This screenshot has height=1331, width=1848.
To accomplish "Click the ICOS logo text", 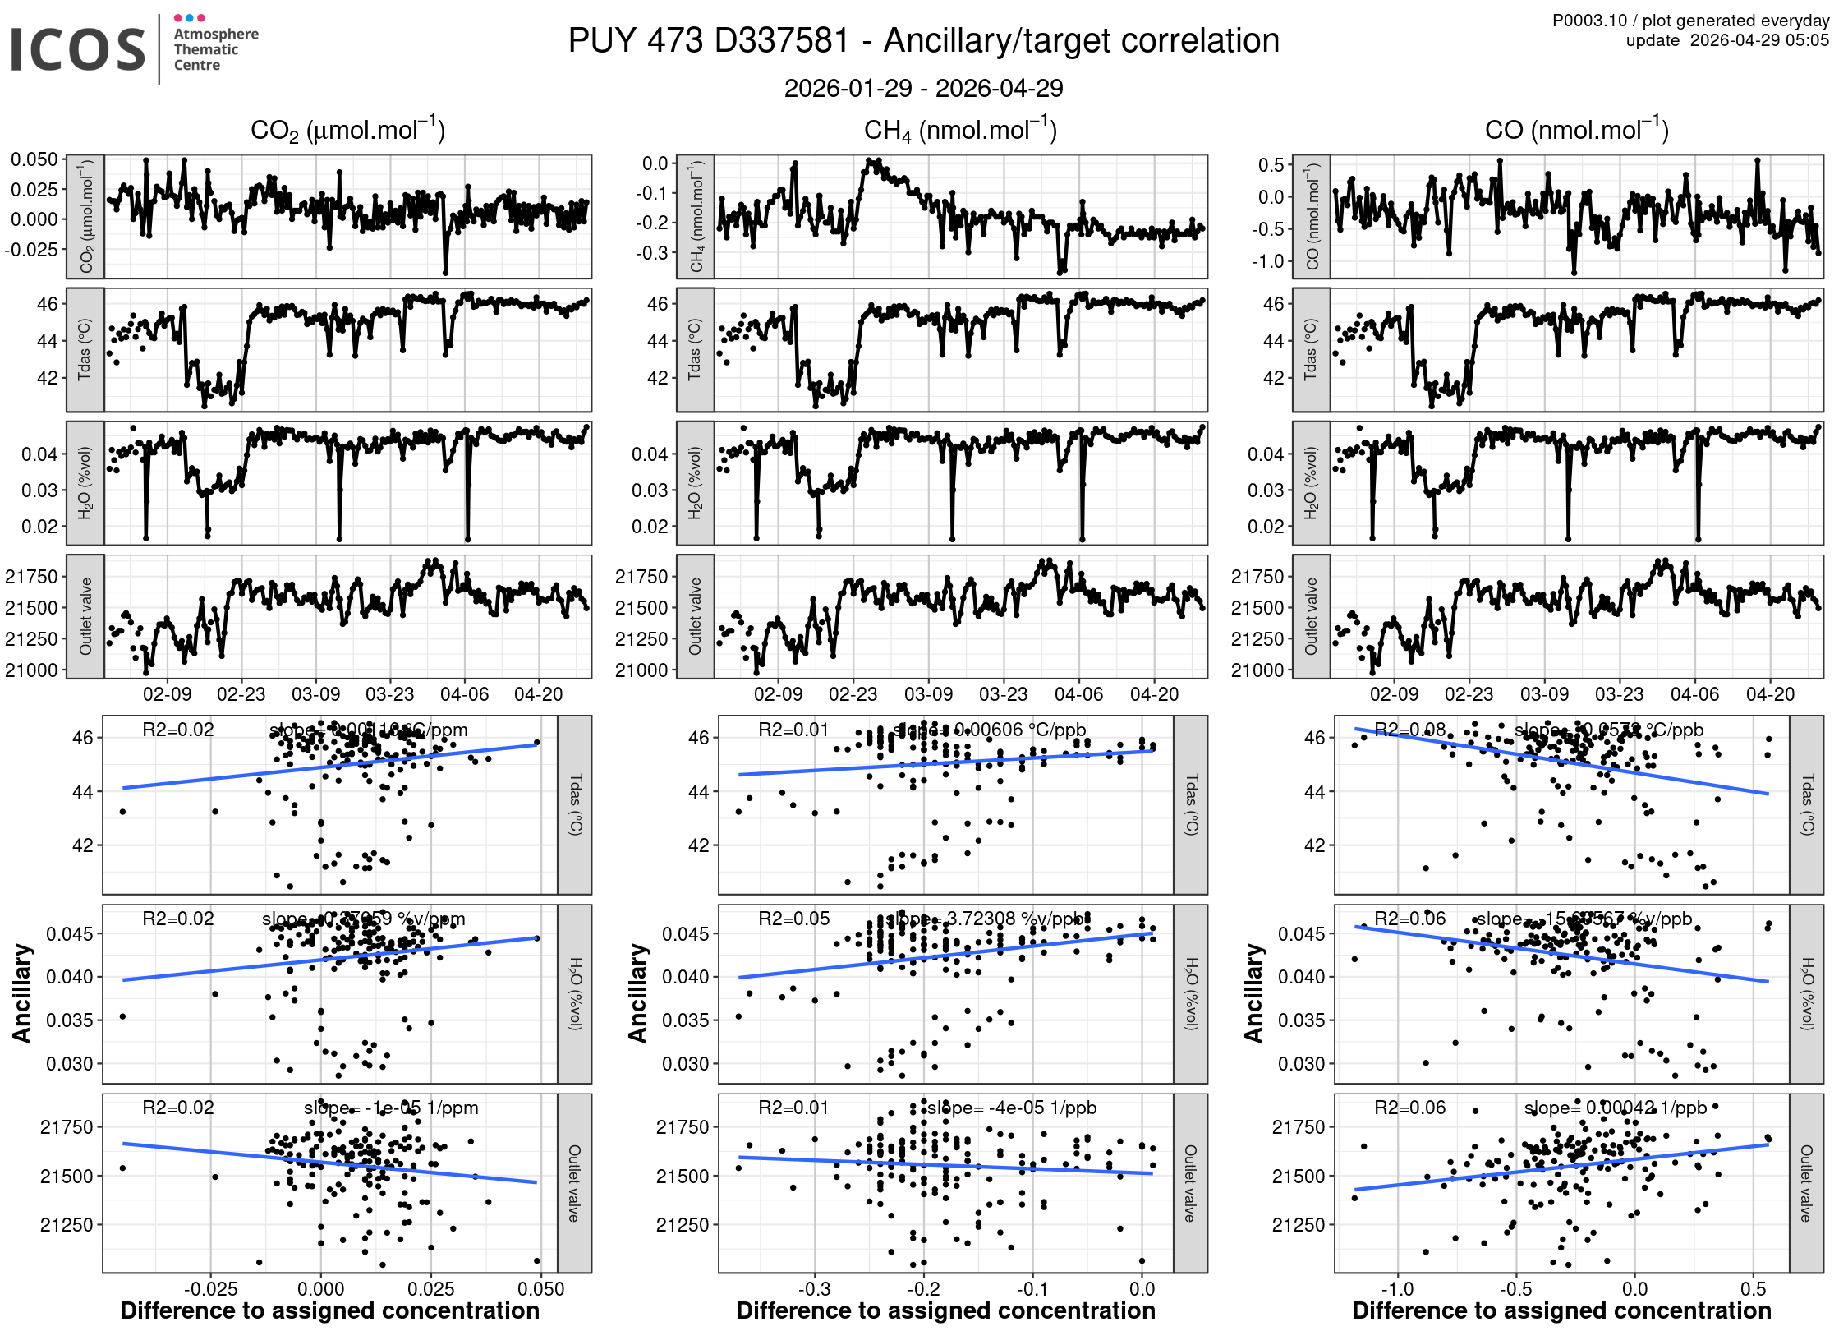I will [x=78, y=49].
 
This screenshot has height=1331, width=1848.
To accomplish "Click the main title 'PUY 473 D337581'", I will [x=708, y=41].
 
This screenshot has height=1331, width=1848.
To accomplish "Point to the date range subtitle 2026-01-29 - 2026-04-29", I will [x=923, y=88].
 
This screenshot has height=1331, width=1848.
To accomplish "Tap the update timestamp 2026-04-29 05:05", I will [x=1758, y=40].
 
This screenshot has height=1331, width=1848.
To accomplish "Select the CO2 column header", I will [x=347, y=131].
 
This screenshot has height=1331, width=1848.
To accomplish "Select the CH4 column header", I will [x=960, y=131].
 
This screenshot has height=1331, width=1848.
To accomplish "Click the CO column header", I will [x=1576, y=130].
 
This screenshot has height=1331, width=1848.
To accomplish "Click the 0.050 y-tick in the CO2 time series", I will [x=34, y=159].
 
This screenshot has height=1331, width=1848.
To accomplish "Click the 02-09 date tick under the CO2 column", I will [x=168, y=694].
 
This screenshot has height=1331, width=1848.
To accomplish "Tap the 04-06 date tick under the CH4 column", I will [x=1078, y=694].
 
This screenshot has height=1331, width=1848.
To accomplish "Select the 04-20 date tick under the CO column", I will [x=1770, y=694].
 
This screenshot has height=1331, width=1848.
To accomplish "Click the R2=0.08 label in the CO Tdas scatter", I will [x=1409, y=730].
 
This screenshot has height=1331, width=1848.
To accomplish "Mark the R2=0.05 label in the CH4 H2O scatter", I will [x=793, y=919].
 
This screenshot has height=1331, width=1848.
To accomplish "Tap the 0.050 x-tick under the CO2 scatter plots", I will [x=541, y=1289].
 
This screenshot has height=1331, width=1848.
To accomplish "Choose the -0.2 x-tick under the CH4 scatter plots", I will [x=923, y=1289].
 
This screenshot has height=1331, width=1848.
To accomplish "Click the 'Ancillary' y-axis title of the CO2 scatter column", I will [x=22, y=993].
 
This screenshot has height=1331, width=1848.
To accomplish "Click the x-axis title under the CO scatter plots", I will [x=1561, y=1310].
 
